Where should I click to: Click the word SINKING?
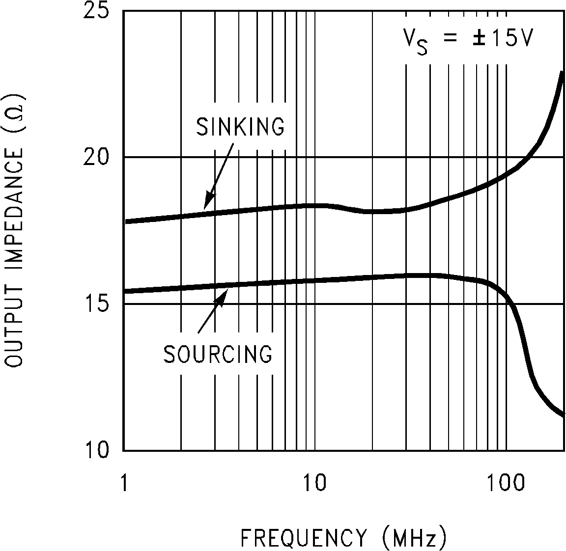click(x=240, y=126)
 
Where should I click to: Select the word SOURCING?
click(x=218, y=354)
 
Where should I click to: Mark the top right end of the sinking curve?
click(x=562, y=73)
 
